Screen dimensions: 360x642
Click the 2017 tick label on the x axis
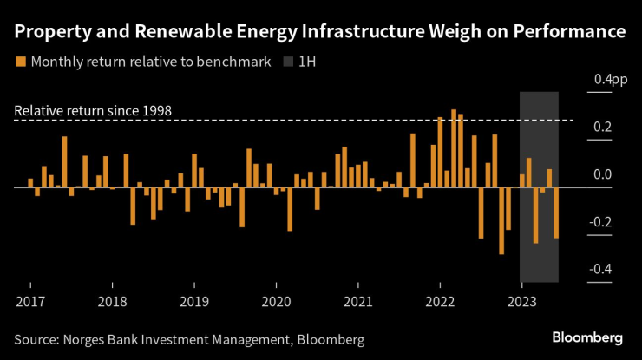click(29, 301)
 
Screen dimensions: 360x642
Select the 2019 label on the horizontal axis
click(193, 301)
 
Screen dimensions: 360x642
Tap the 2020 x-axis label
click(276, 301)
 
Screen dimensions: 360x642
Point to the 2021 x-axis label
click(357, 301)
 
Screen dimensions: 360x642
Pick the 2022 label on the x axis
click(440, 301)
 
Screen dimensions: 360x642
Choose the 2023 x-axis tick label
click(521, 301)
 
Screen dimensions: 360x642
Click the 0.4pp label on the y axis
click(610, 80)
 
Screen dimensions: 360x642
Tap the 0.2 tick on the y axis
click(603, 128)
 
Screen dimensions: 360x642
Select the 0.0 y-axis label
click(603, 174)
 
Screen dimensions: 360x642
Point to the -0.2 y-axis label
click(601, 222)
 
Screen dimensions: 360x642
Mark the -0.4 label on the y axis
click(601, 269)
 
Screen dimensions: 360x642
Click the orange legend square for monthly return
click(20, 62)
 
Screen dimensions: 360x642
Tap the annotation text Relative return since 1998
click(93, 111)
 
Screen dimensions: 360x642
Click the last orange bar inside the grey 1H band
click(556, 213)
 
